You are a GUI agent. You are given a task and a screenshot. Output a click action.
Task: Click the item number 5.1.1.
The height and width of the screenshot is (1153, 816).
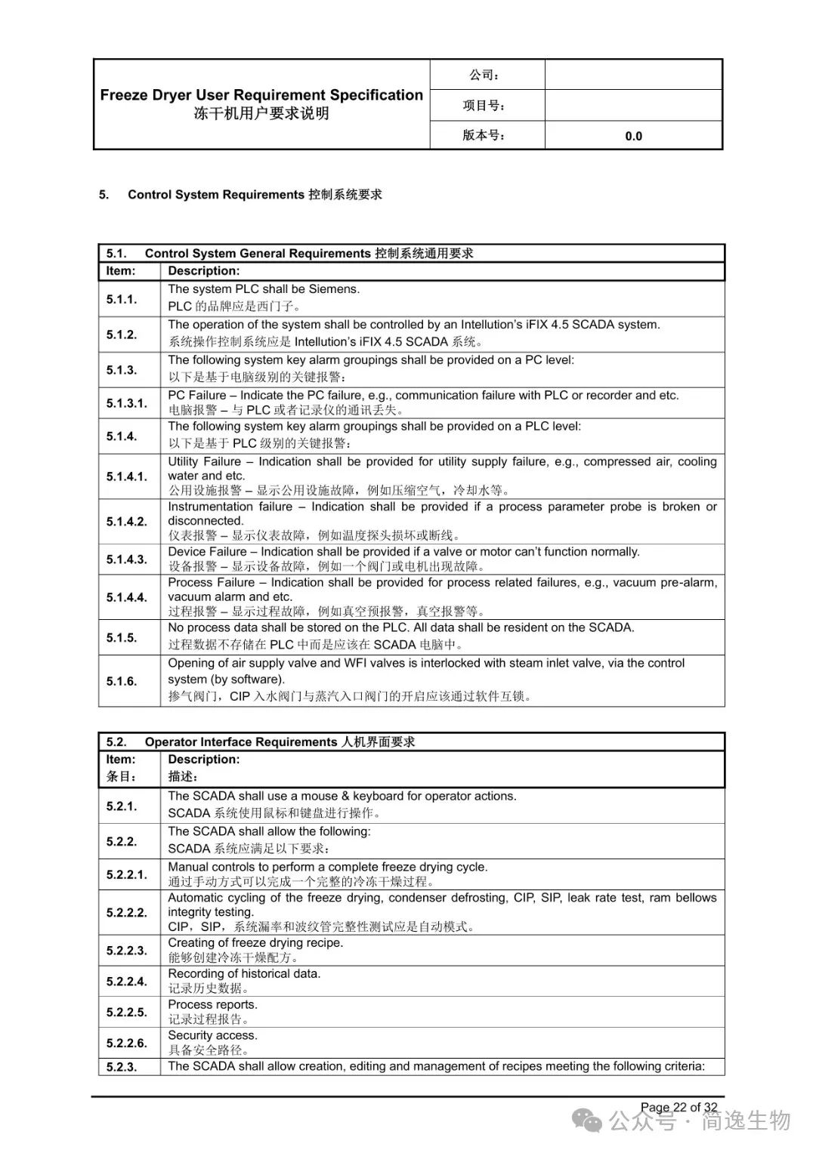[121, 299]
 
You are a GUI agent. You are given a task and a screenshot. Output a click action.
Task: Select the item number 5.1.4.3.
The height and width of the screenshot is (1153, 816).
[126, 560]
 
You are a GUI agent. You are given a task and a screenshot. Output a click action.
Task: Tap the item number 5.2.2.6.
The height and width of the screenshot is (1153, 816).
[126, 1043]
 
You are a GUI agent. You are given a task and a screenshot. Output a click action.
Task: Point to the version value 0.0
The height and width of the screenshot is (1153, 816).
[633, 136]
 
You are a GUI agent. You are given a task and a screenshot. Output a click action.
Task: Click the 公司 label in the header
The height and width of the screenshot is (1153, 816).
[484, 75]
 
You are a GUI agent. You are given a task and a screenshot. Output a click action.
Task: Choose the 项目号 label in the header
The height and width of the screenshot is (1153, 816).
[484, 106]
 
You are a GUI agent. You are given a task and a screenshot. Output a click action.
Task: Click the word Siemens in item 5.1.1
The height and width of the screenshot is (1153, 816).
[333, 289]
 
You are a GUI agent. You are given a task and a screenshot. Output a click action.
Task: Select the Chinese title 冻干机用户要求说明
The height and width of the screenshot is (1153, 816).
[261, 114]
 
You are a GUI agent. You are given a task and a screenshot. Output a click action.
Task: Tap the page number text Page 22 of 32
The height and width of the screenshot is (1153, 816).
[678, 1107]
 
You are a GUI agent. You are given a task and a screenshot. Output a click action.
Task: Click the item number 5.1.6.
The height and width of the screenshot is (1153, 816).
[121, 681]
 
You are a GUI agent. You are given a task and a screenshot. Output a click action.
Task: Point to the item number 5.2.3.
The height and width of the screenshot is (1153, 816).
[121, 1067]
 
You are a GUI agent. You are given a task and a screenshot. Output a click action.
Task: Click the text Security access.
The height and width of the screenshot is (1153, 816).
[212, 1035]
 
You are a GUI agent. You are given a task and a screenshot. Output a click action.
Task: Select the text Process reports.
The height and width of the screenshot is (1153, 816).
[212, 1004]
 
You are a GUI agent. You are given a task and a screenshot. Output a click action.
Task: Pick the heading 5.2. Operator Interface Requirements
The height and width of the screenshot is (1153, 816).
[261, 741]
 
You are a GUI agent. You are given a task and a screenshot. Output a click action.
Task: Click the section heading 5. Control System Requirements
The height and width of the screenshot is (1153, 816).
[240, 195]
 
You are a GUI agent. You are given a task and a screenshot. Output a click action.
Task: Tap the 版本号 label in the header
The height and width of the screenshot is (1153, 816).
[484, 136]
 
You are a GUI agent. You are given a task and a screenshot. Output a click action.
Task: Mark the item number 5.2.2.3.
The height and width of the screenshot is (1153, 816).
[126, 951]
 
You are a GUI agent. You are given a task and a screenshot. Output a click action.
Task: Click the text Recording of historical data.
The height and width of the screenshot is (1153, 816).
[244, 973]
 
